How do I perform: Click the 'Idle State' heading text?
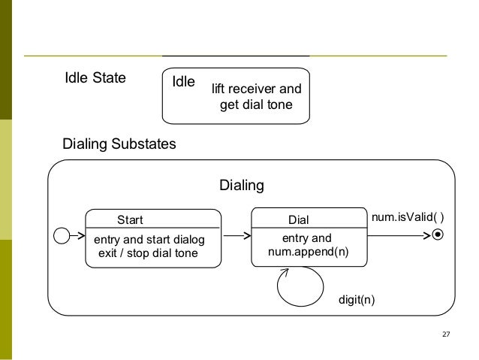(95, 77)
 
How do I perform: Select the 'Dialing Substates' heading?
(119, 143)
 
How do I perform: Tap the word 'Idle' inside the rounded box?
(184, 81)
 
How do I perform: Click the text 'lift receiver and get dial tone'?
(256, 97)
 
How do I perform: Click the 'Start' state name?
(130, 220)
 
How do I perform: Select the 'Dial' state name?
(299, 220)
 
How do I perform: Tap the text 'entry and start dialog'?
(149, 239)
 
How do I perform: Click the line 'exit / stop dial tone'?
(149, 253)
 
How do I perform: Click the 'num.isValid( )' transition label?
(408, 218)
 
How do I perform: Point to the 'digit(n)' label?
(357, 300)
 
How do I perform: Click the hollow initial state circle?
(61, 236)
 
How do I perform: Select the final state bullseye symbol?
(438, 235)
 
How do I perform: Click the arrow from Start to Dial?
(236, 236)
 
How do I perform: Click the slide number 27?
(446, 334)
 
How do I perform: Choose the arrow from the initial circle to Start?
(77, 236)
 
